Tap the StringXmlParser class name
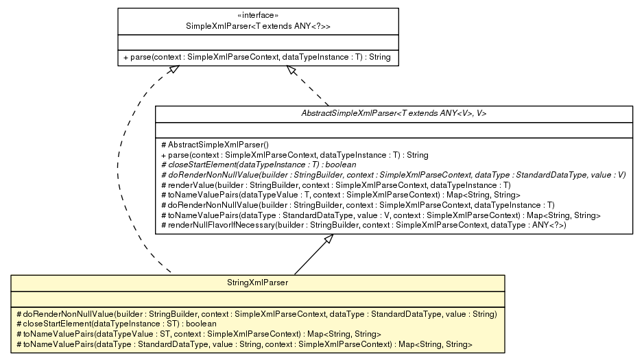(257, 281)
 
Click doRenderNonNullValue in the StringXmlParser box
(256, 313)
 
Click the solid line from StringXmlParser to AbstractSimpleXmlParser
(311, 256)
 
